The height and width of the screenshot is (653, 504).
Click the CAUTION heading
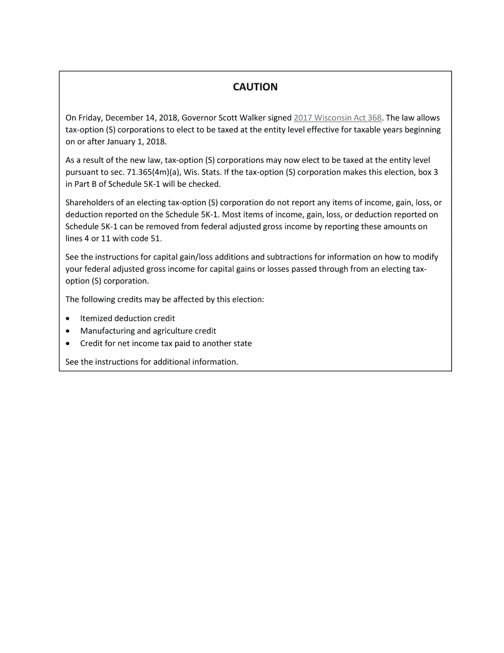tap(255, 87)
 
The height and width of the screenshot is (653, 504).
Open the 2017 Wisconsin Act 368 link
tap(337, 118)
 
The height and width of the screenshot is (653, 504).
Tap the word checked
tap(204, 184)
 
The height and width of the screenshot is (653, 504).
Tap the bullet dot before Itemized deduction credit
tap(68, 319)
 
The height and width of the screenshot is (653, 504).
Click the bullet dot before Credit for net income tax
tap(68, 343)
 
